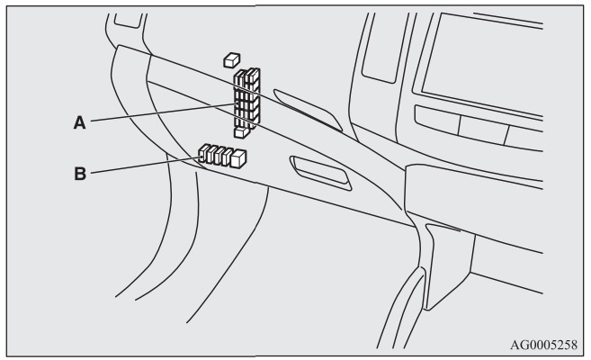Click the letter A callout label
(x=79, y=123)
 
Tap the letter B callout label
(x=80, y=174)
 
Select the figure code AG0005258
(x=543, y=345)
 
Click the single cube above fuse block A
(x=232, y=60)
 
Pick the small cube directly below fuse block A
(x=241, y=132)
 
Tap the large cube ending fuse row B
(x=238, y=158)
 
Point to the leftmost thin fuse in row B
(x=203, y=153)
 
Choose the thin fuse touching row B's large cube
(x=227, y=157)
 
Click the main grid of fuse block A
(x=246, y=98)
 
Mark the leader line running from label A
(x=163, y=112)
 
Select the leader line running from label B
(x=146, y=166)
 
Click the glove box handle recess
(x=321, y=174)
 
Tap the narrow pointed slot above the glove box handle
(x=308, y=110)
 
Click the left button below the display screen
(x=437, y=120)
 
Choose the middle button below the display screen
(x=483, y=130)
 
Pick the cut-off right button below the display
(x=524, y=139)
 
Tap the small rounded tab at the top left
(x=129, y=21)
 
